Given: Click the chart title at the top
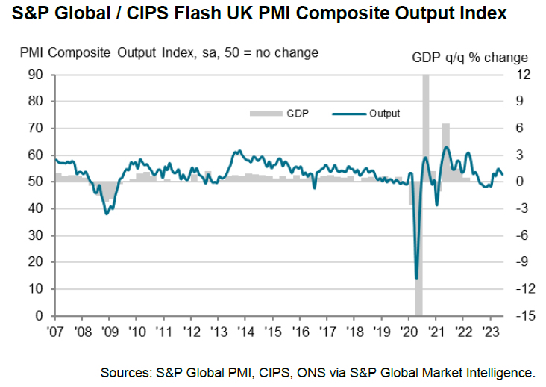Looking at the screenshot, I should pyautogui.click(x=258, y=13).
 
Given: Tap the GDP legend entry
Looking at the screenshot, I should pyautogui.click(x=280, y=114).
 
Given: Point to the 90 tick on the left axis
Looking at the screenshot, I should pyautogui.click(x=36, y=75).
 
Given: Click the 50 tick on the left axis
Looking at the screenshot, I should pyautogui.click(x=36, y=182).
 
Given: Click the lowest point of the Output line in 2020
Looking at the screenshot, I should pyautogui.click(x=415, y=279).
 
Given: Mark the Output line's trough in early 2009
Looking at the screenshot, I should pyautogui.click(x=107, y=214).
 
